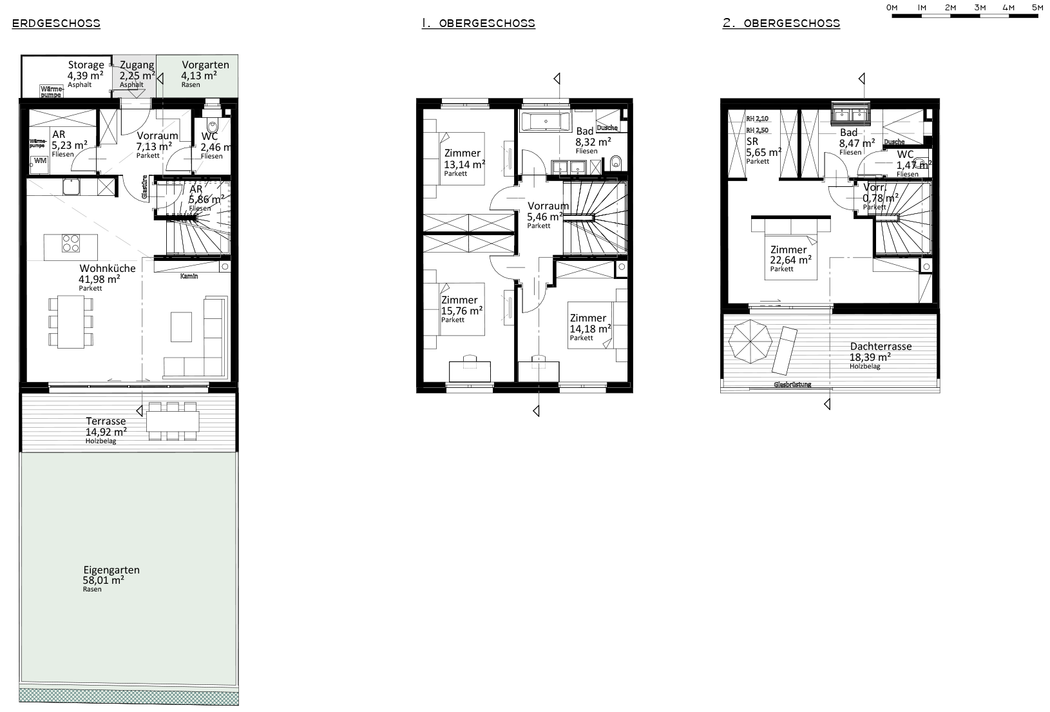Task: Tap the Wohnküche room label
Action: [107, 274]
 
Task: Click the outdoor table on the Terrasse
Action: [173, 421]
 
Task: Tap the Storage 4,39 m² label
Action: [86, 70]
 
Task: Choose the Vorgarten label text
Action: [201, 65]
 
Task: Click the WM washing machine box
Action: [40, 161]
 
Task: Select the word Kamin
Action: [189, 276]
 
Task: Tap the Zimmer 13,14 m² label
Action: [463, 159]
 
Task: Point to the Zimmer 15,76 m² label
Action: [460, 305]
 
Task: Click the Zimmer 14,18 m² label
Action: [589, 323]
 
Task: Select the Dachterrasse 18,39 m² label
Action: [880, 351]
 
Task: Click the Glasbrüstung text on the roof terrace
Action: [792, 385]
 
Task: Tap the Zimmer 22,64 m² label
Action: [790, 255]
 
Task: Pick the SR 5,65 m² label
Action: [763, 148]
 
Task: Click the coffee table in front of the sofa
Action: [181, 327]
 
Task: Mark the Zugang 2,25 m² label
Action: [137, 70]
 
